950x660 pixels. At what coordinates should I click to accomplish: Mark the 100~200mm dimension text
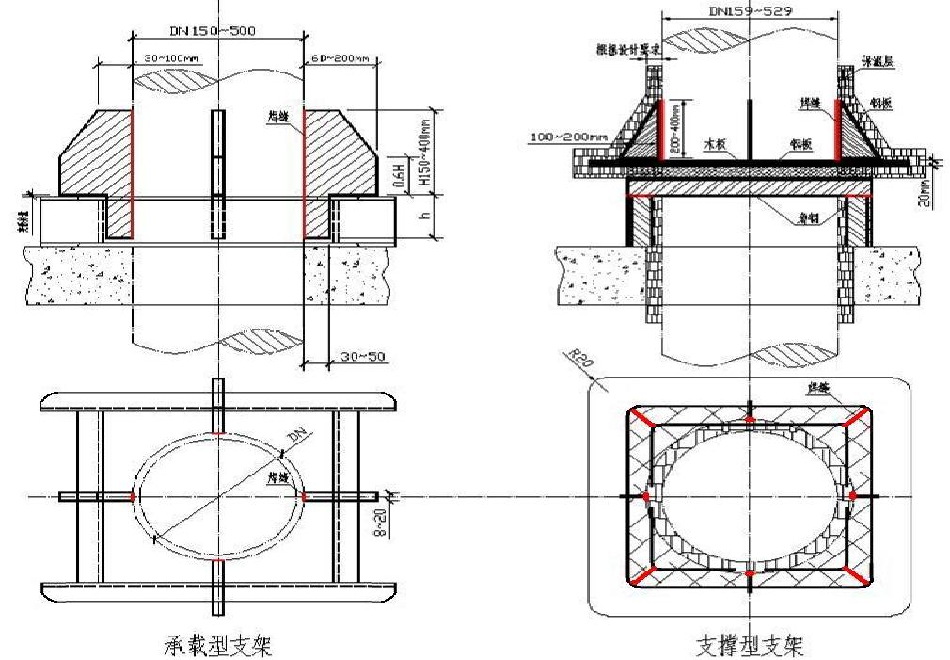tap(571, 138)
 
